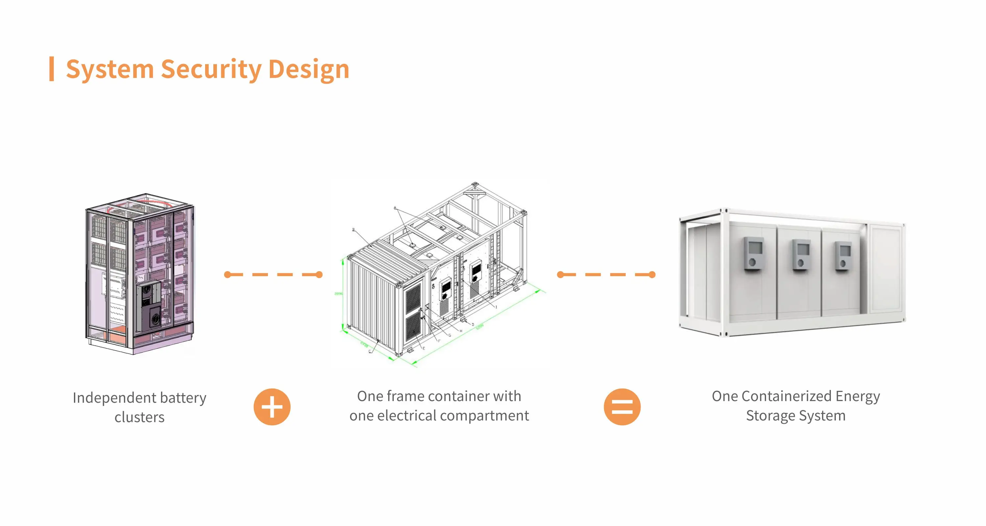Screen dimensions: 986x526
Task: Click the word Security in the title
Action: (x=211, y=69)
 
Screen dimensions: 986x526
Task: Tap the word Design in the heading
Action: (x=309, y=69)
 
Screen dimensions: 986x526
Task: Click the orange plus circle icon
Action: (x=272, y=407)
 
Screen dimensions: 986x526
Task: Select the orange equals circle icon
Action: (x=622, y=407)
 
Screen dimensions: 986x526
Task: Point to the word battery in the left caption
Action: (x=183, y=398)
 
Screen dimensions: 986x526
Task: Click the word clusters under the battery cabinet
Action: (x=139, y=417)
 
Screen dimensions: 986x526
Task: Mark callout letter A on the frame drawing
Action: (x=395, y=208)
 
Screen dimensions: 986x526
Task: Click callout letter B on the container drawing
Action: (x=353, y=230)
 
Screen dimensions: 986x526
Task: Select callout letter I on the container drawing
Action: (x=496, y=307)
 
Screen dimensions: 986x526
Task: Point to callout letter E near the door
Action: (x=424, y=348)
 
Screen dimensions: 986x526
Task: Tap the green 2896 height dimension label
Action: (x=339, y=294)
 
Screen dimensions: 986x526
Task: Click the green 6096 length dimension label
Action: (x=480, y=326)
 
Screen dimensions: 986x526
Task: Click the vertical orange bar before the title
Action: (x=52, y=69)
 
